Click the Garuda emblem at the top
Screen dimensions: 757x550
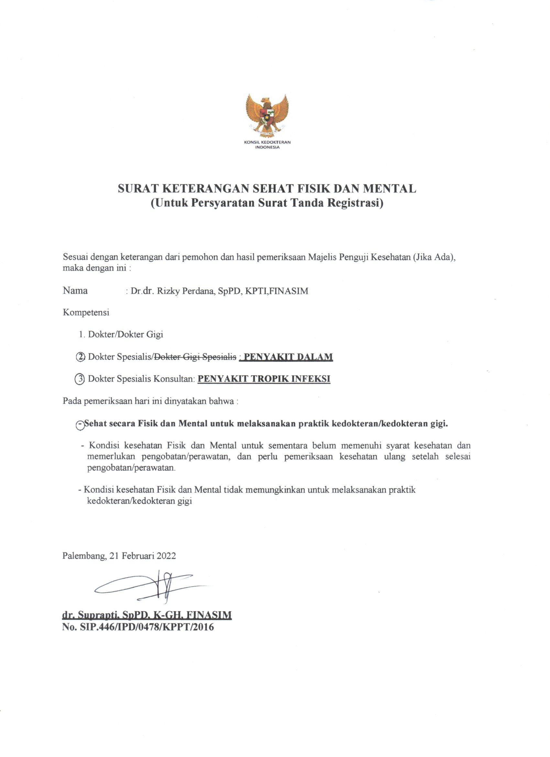267,115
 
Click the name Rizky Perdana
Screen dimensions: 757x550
181,291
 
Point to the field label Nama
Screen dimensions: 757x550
75,291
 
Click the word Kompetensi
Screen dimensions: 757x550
86,313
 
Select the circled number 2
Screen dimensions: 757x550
81,357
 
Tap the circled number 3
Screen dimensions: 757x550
80,379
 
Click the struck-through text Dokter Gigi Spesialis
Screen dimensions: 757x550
195,357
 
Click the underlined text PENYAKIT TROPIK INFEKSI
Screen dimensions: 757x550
264,379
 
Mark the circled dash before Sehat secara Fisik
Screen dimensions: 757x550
80,425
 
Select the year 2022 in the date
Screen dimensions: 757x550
166,556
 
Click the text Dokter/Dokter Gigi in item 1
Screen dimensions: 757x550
126,335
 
